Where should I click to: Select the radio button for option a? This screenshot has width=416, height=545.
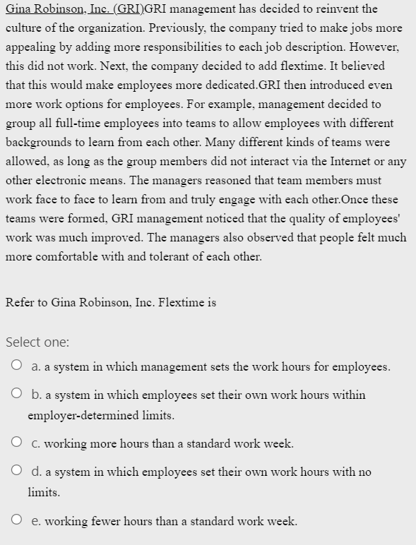(x=16, y=366)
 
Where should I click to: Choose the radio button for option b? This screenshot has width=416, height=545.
(x=16, y=395)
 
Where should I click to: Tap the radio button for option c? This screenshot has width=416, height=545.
(x=16, y=443)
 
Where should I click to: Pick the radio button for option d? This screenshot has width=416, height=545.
(x=16, y=472)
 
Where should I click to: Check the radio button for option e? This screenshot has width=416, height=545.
(x=16, y=521)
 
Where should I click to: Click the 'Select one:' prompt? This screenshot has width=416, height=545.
(x=37, y=342)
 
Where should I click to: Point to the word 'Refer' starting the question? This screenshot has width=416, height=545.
(x=20, y=302)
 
